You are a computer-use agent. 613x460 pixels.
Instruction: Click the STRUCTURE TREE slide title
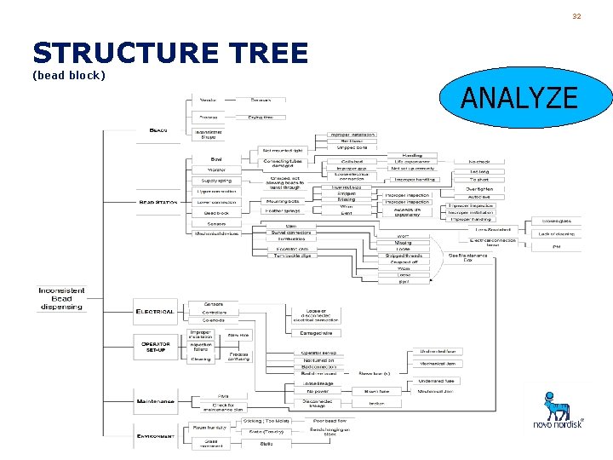(x=170, y=54)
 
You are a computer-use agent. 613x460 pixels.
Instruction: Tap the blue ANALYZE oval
(x=518, y=98)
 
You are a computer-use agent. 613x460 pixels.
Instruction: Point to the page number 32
(x=576, y=16)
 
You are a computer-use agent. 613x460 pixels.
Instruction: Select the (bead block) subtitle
(x=68, y=76)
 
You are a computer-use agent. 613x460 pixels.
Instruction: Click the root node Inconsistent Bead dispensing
(x=61, y=298)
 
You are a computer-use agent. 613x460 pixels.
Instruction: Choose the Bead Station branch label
(x=158, y=202)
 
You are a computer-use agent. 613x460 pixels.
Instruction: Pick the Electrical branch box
(x=155, y=312)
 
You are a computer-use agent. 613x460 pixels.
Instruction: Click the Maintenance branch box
(x=155, y=400)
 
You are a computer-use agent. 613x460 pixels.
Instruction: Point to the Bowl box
(x=216, y=159)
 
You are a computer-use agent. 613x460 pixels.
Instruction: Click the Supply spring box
(x=216, y=180)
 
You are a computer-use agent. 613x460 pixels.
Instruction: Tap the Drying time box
(x=261, y=117)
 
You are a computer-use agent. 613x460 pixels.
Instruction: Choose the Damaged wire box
(x=316, y=333)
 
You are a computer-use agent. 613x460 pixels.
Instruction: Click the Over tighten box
(x=479, y=189)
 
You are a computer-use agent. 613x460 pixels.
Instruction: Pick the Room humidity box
(x=209, y=427)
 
